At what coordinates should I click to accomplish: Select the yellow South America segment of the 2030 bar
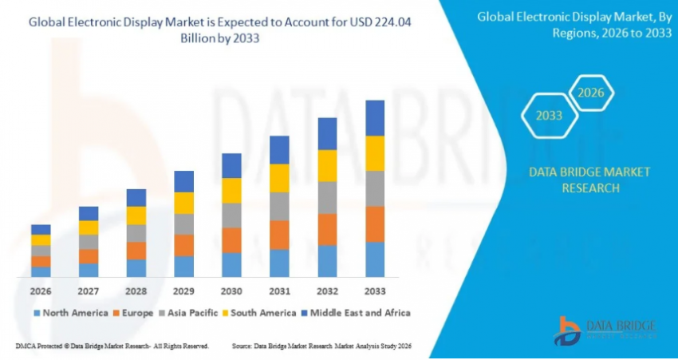click(x=231, y=190)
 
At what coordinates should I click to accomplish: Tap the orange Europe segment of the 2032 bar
click(x=327, y=229)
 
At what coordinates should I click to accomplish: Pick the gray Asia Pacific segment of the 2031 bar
click(x=279, y=206)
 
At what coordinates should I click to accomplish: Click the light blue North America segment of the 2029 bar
click(x=183, y=267)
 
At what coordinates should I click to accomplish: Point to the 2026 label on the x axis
click(x=41, y=291)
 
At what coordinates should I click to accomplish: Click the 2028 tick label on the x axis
click(x=136, y=291)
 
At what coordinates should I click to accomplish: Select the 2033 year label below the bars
click(x=374, y=291)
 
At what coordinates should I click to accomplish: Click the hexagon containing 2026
click(x=591, y=94)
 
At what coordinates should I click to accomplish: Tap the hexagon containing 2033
click(x=549, y=116)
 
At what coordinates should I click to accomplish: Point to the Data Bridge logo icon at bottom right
click(x=568, y=330)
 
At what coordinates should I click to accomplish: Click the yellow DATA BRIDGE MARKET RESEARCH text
click(x=589, y=180)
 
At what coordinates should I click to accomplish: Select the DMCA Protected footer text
click(x=112, y=346)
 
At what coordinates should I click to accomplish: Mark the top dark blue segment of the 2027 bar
click(x=89, y=213)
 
